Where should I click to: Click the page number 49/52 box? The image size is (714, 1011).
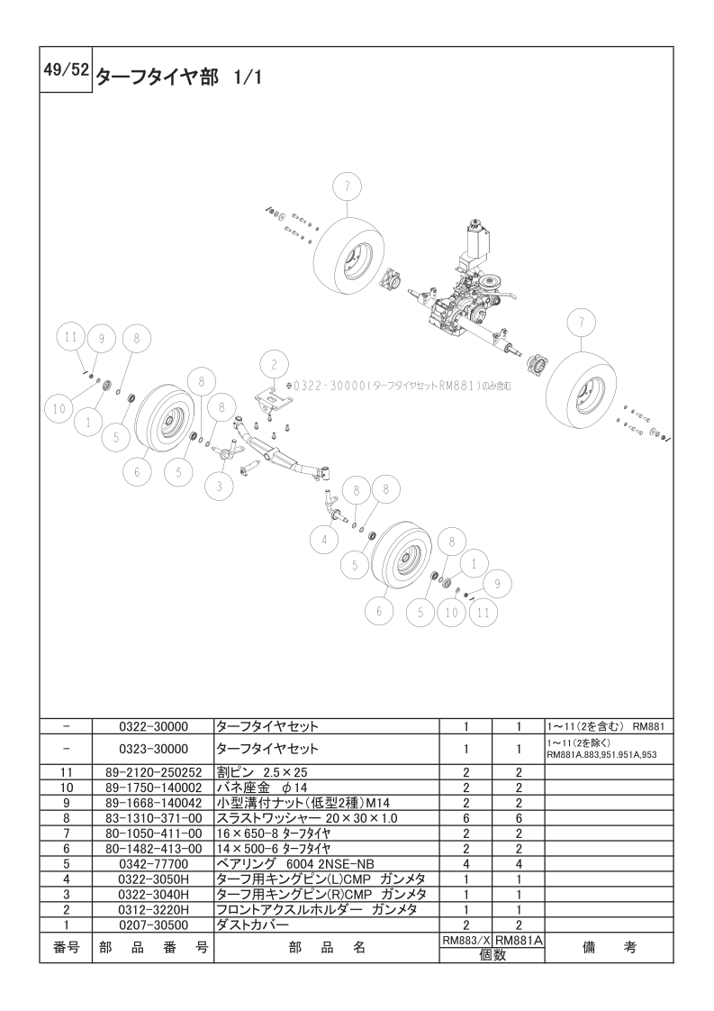coord(66,69)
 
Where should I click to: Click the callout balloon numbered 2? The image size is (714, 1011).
coord(274,364)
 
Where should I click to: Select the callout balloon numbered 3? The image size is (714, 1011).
coord(220,486)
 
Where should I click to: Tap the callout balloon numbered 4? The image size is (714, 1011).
coord(325,539)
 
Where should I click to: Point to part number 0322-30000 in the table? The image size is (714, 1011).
coord(153,726)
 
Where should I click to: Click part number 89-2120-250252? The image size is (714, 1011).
coord(153,772)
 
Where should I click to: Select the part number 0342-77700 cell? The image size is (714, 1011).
coord(153,863)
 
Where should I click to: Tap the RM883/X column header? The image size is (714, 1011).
coord(465,941)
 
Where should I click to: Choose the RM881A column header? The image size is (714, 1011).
coord(519,941)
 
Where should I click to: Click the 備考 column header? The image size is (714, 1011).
coord(609,947)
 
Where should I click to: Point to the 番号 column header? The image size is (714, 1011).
coord(67,947)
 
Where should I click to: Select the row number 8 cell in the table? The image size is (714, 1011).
coord(67,817)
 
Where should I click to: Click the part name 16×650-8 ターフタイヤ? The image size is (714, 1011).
coord(274,833)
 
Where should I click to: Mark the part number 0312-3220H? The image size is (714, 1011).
coord(153,909)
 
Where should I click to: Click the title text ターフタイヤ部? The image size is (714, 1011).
coord(157,78)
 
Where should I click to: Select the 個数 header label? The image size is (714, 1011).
coord(493,955)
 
